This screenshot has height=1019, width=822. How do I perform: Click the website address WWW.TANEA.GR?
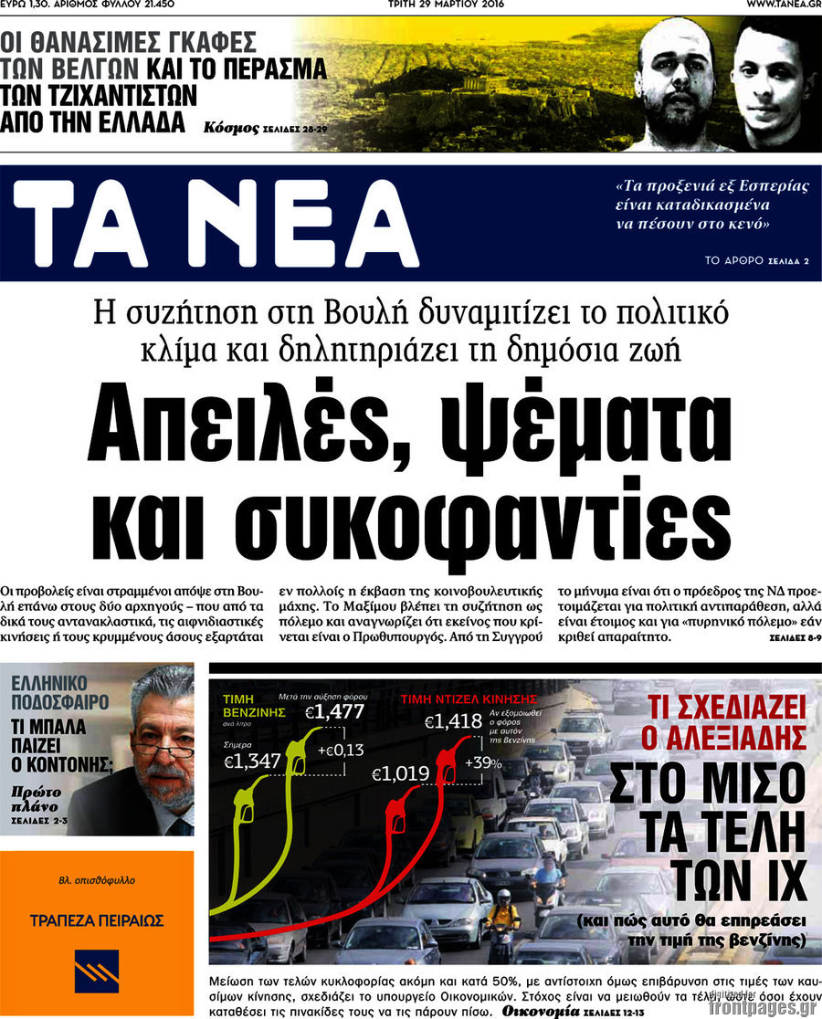click(783, 5)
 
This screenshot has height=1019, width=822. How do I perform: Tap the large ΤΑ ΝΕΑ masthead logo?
click(216, 224)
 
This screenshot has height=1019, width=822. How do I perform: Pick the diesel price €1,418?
click(453, 722)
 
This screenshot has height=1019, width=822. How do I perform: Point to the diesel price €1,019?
click(400, 775)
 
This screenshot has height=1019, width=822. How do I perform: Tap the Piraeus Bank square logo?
click(97, 972)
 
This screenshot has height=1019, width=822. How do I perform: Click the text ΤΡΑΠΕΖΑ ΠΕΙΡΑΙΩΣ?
click(97, 920)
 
